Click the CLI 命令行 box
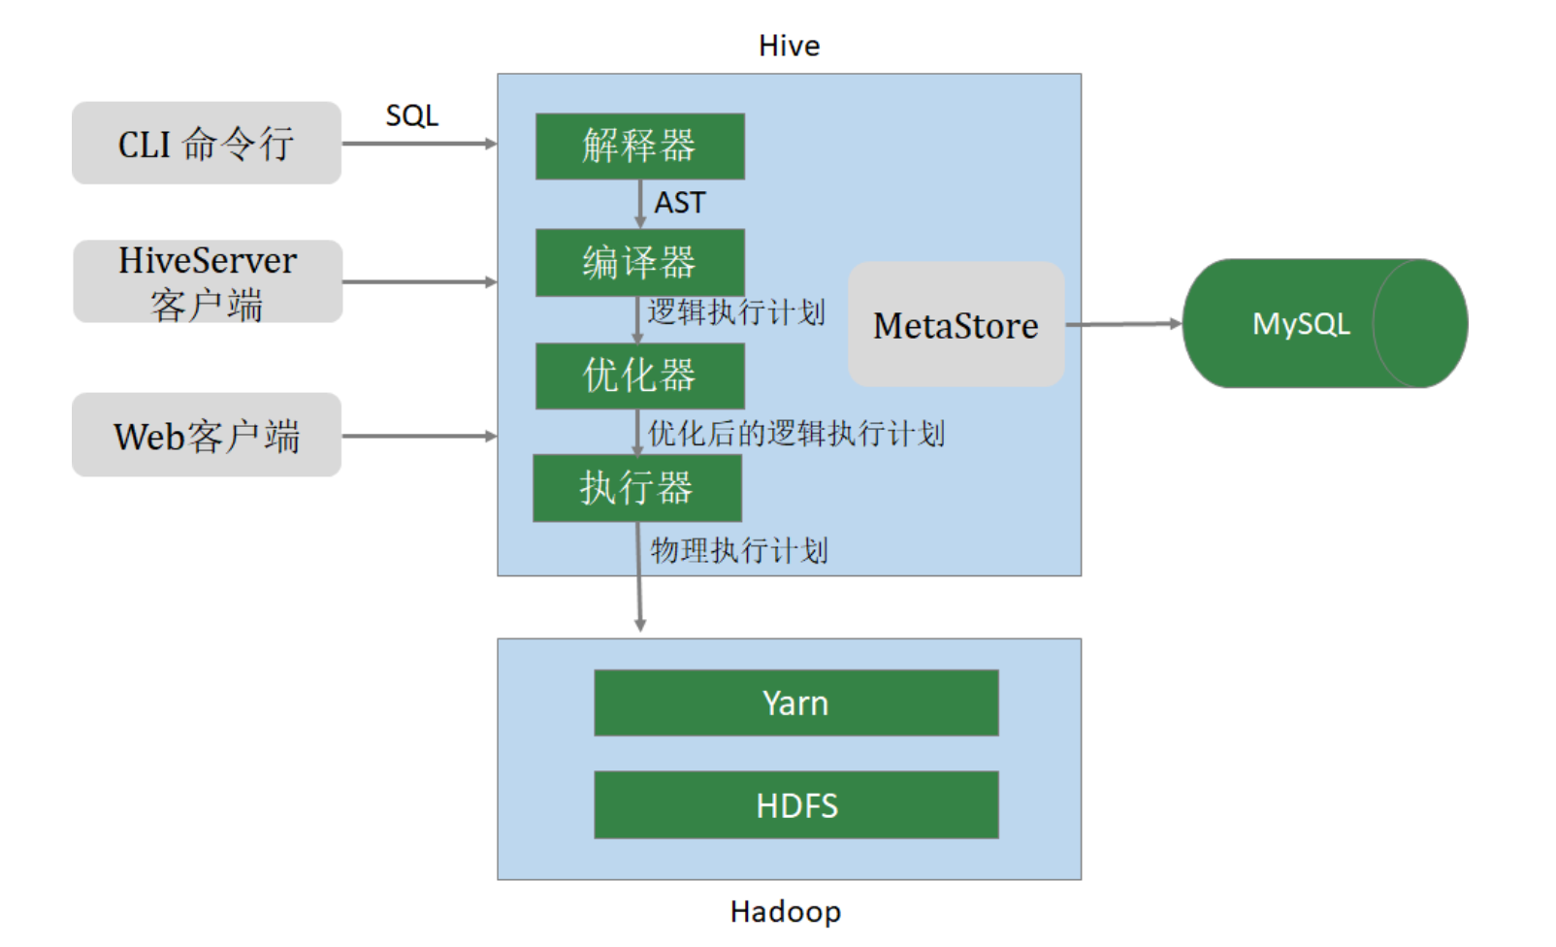(x=207, y=144)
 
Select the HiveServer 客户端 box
(x=208, y=281)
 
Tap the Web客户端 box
(x=207, y=435)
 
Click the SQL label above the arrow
(x=412, y=116)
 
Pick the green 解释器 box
(x=639, y=147)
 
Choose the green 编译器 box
(x=639, y=263)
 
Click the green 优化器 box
(x=639, y=376)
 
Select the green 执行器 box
(x=637, y=488)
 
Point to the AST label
(x=680, y=203)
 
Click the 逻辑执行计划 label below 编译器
(x=736, y=312)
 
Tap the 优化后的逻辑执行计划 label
(x=796, y=434)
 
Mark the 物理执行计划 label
(x=739, y=551)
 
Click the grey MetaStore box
(x=956, y=324)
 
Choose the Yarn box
(x=795, y=703)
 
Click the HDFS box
(x=795, y=805)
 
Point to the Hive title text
(x=789, y=46)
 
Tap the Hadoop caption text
(x=786, y=912)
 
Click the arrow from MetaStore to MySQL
(x=1123, y=324)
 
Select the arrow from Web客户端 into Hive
(x=419, y=436)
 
